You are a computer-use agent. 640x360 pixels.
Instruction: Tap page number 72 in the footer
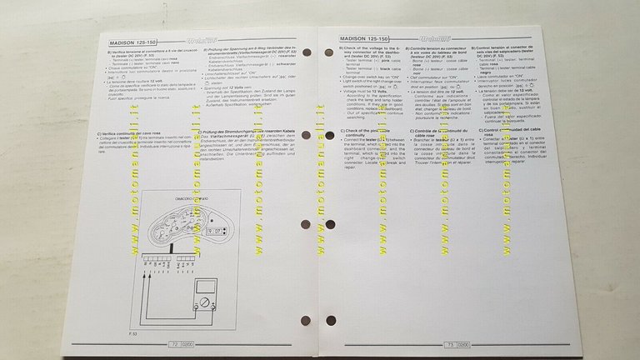point(175,342)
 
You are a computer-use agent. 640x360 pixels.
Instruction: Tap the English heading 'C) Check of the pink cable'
point(363,133)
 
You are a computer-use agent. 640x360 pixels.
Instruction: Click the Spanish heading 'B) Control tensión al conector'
point(507,52)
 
